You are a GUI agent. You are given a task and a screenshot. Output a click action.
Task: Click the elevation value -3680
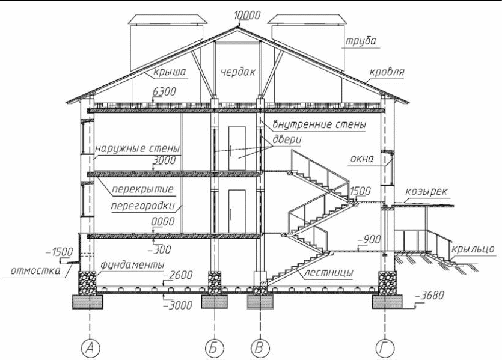(429, 296)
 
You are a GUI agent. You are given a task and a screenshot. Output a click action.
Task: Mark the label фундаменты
(132, 264)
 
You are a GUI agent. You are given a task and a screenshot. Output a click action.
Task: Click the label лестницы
(326, 272)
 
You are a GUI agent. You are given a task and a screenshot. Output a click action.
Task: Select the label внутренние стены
(319, 125)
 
